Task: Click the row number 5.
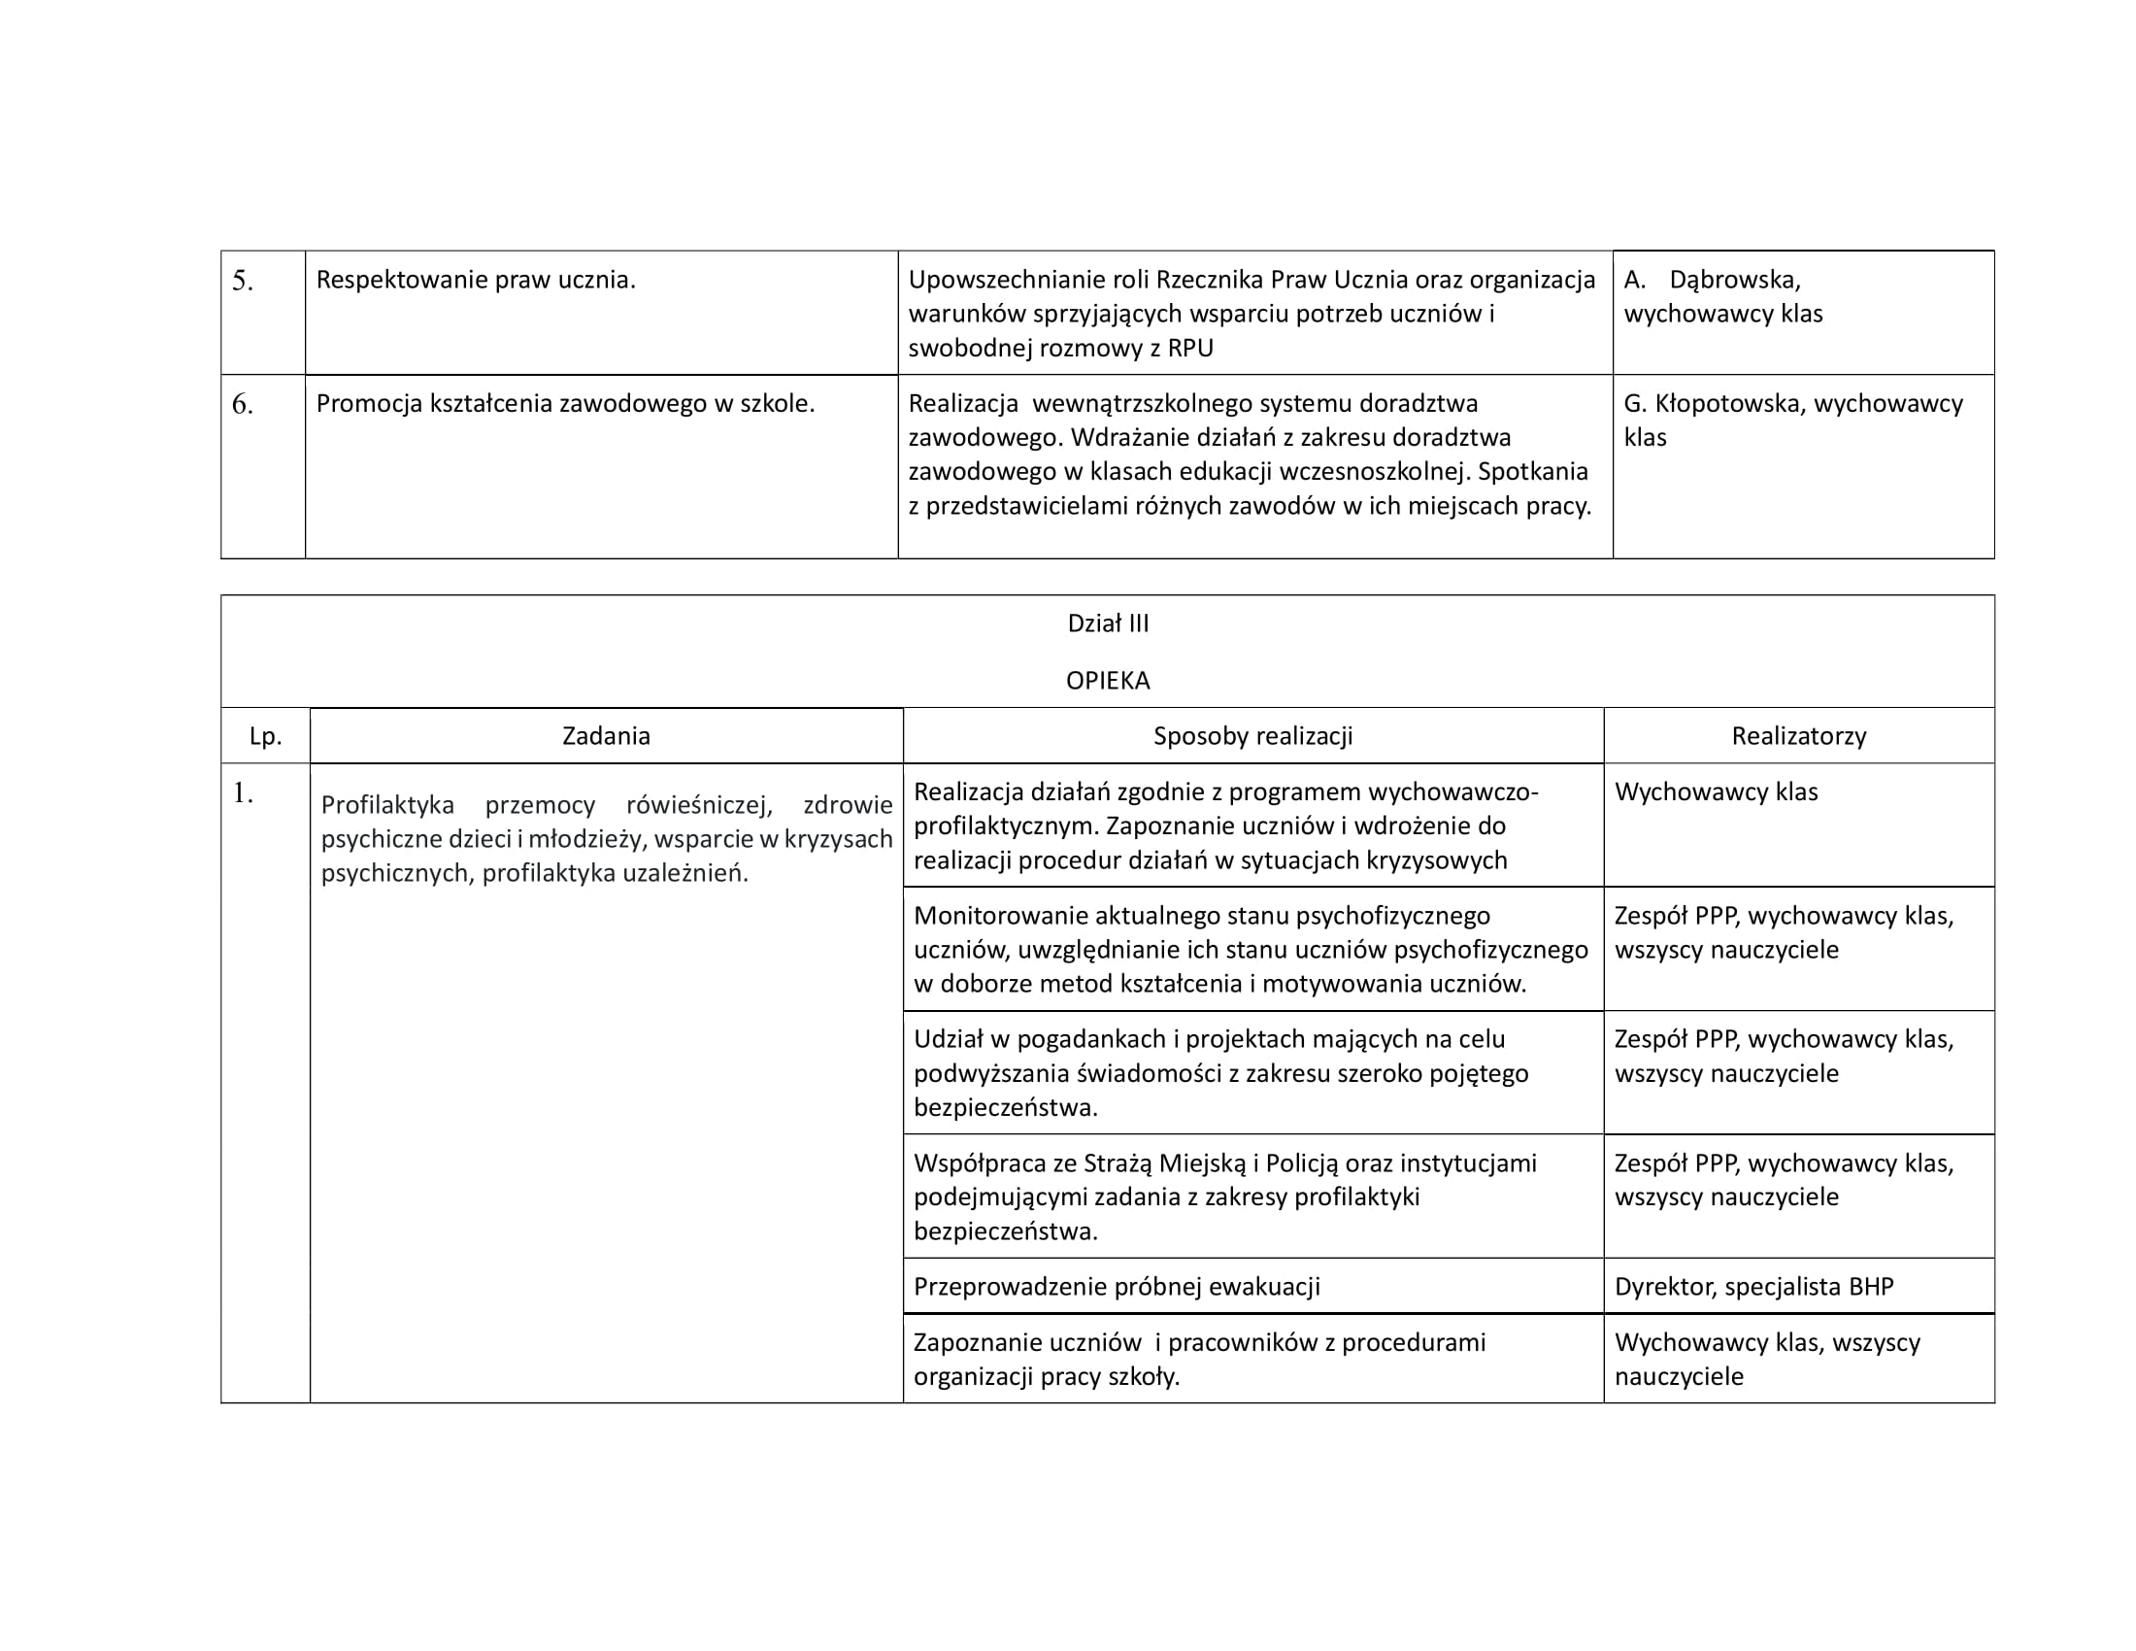coord(242,282)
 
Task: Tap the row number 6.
coord(242,405)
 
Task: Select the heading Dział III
coord(1107,624)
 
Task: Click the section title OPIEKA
coord(1107,681)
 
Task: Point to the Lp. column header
coord(265,736)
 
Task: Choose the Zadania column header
coord(606,736)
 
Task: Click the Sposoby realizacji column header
coord(1252,736)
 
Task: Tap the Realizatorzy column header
coord(1797,736)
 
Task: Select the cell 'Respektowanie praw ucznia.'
coord(476,281)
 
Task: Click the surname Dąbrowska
coord(1733,281)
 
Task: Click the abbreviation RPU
coord(1190,350)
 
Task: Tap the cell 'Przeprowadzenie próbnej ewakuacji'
coord(1116,1287)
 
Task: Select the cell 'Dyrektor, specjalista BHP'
coord(1752,1287)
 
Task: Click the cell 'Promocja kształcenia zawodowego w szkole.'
coord(564,404)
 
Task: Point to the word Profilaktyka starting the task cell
coord(387,805)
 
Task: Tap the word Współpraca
coord(976,1163)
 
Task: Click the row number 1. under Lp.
coord(242,794)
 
